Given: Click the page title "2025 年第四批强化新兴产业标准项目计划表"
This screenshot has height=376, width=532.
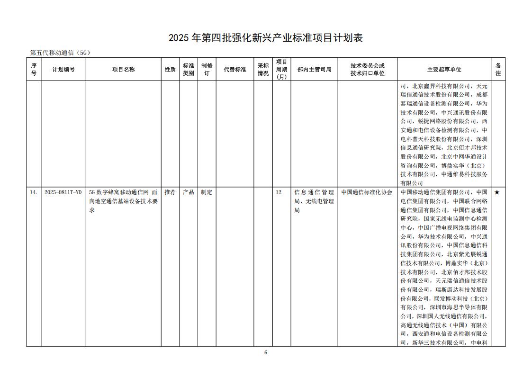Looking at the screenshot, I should pos(266,38).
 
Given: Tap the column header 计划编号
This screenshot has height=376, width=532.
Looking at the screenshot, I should pos(63,70).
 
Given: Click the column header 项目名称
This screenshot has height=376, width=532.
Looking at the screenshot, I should pos(123,70).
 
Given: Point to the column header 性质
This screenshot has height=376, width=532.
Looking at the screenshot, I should pos(170,70).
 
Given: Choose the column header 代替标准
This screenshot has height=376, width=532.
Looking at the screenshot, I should pos(235,70).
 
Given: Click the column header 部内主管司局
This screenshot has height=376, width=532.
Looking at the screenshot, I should pos(314,70).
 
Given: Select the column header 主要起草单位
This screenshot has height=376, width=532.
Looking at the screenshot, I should pos(444,70).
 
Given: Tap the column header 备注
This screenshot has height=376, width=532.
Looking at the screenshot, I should pos(498,70).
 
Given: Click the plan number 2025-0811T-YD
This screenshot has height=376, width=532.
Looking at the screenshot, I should pos(63,193).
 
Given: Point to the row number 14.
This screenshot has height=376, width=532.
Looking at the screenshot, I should pos(34,193).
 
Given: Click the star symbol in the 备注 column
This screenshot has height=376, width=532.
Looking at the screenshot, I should pos(497,193).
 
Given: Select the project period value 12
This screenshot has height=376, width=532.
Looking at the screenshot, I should pos(279,193).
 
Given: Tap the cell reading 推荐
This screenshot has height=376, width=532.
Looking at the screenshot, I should pos(170,193).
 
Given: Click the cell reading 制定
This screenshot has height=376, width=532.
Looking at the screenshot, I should pos(207,193).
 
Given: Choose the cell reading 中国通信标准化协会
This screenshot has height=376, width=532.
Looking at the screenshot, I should pos(367,193).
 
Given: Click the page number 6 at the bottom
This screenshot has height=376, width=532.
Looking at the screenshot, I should pos(266,352).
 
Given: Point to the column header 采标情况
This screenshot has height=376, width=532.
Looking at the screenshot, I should pos(263,70).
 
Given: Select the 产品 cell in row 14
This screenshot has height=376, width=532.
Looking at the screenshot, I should pos(189,193).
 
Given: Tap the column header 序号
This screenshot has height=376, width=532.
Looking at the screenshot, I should pos(34,70).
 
